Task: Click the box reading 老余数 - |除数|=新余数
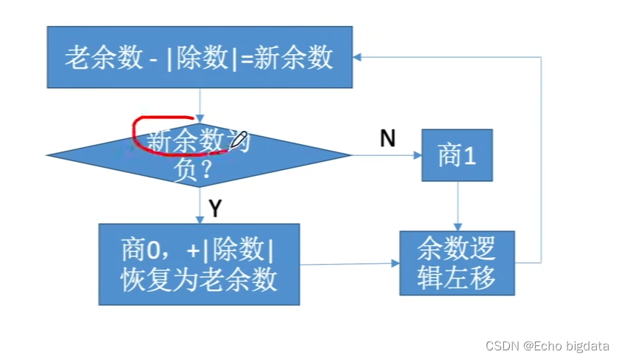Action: (x=199, y=58)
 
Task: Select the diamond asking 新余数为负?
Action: (x=198, y=155)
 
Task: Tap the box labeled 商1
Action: (x=457, y=155)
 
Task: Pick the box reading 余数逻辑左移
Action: (x=457, y=263)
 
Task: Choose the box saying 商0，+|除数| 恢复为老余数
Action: (x=199, y=264)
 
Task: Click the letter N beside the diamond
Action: (x=387, y=139)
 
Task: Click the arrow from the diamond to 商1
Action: (x=384, y=155)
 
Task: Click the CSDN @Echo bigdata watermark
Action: (x=547, y=345)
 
